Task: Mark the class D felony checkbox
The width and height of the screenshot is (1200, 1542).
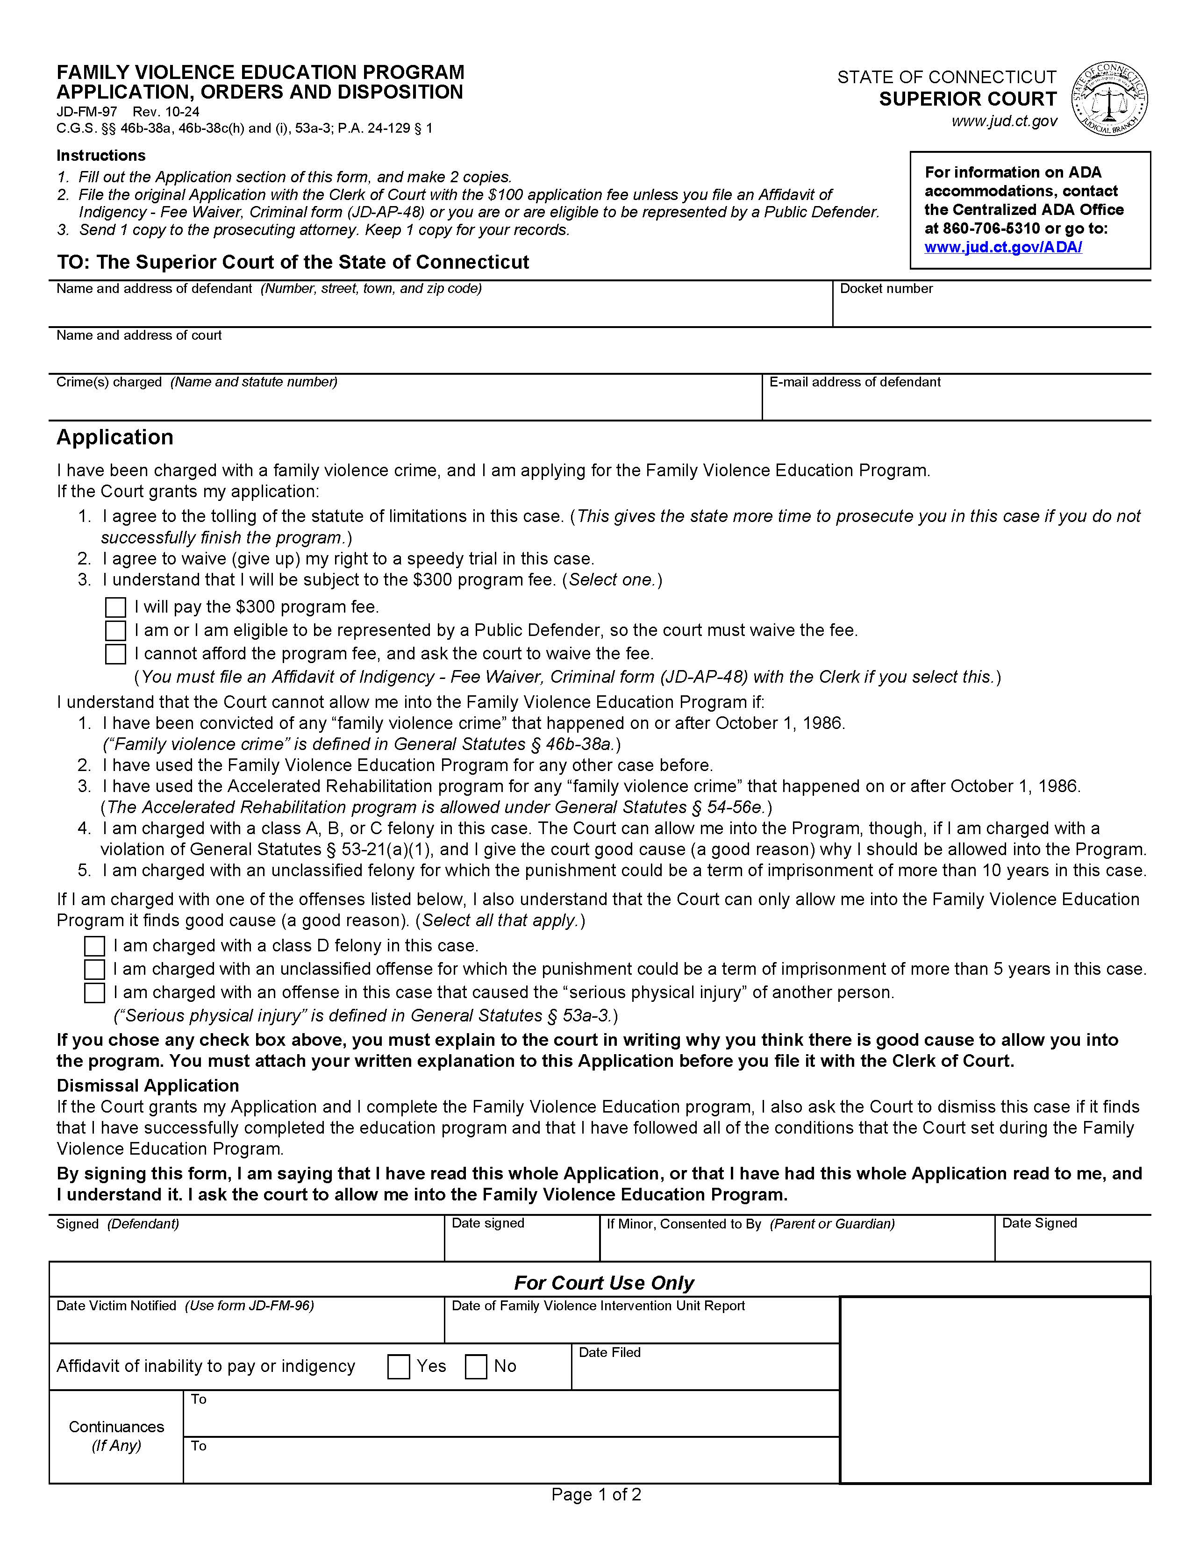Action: (x=94, y=946)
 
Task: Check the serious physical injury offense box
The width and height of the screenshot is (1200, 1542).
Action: (x=94, y=992)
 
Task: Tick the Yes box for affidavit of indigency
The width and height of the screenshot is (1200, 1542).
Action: (x=399, y=1367)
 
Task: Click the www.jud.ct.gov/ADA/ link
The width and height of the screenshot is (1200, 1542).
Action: (x=1003, y=247)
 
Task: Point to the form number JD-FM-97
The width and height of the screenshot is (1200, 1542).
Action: (x=86, y=112)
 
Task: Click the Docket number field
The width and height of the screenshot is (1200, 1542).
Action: (x=991, y=309)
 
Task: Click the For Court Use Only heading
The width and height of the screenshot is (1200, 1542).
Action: (x=604, y=1283)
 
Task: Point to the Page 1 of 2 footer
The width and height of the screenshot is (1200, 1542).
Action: (x=596, y=1495)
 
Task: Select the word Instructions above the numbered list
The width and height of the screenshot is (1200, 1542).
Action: (x=101, y=155)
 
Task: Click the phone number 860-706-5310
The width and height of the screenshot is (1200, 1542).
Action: (x=991, y=229)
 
